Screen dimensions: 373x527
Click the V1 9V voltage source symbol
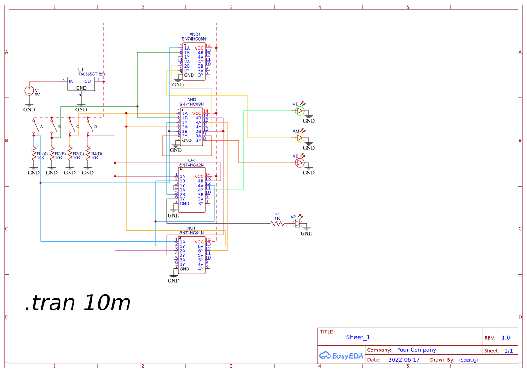pos(29,91)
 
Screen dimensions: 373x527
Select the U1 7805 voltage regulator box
pos(81,84)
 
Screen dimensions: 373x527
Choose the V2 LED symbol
pos(297,223)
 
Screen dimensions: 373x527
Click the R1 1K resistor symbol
pos(277,223)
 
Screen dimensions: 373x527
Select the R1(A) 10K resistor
pos(34,155)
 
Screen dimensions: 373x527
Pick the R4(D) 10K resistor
pos(88,155)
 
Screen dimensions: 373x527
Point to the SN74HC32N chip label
pos(192,165)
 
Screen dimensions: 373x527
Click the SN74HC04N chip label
pos(192,233)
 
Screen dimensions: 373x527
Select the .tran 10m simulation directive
pos(78,303)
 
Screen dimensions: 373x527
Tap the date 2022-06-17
pos(404,360)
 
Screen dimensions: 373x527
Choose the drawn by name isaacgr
pos(469,360)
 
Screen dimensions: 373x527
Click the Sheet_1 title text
pos(358,337)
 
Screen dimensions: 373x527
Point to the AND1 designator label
pos(195,34)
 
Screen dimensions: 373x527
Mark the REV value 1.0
pos(506,338)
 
